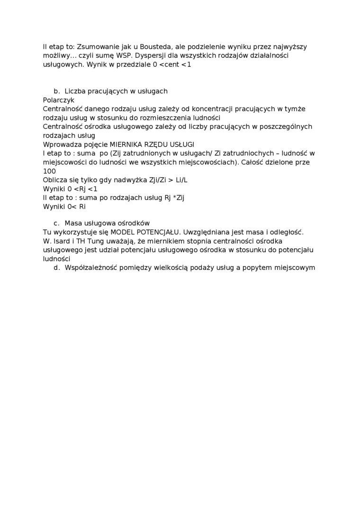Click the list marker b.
pos(56,91)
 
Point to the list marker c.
pos(56,223)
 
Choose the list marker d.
pos(56,268)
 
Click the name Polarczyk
pos(59,100)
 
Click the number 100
pos(49,171)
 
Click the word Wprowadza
pos(60,144)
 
